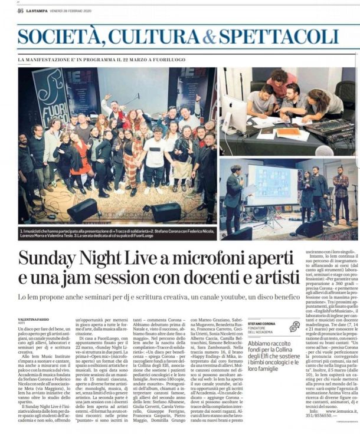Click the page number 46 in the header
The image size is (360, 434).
[20, 10]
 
